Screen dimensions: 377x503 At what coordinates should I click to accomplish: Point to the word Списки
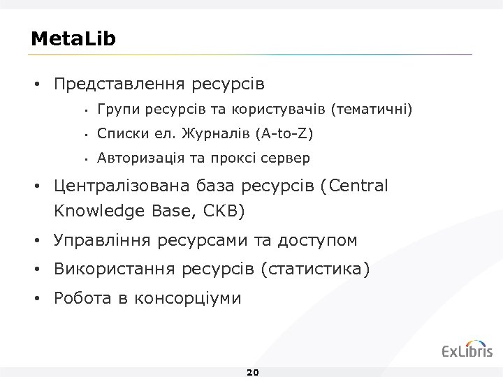point(120,133)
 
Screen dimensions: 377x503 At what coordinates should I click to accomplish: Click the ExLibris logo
point(467,350)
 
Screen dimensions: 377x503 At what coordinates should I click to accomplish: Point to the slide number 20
point(253,372)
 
